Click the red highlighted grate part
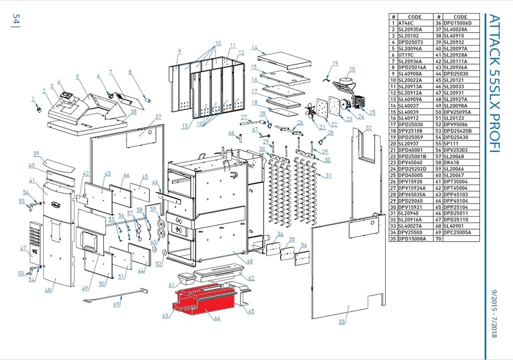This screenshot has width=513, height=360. (x=200, y=301)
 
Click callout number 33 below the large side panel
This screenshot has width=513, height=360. (x=342, y=321)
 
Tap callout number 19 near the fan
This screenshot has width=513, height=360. (x=335, y=63)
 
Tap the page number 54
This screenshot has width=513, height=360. (x=16, y=21)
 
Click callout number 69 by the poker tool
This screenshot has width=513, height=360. (x=117, y=304)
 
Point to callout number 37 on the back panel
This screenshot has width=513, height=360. (x=158, y=117)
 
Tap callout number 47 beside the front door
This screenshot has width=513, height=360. (x=23, y=248)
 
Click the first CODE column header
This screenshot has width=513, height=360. (x=414, y=17)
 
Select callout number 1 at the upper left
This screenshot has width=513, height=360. (x=34, y=99)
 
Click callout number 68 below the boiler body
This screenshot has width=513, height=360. (x=249, y=261)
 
